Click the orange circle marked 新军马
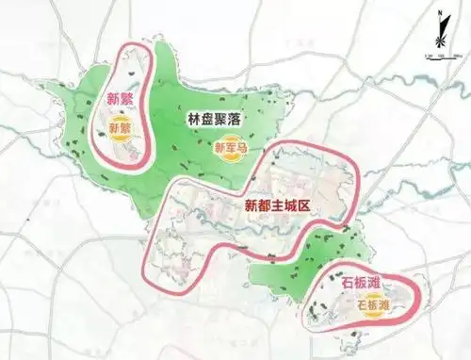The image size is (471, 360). [231, 148]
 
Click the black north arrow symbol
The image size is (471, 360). [439, 31]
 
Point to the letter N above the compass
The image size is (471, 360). [439, 10]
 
